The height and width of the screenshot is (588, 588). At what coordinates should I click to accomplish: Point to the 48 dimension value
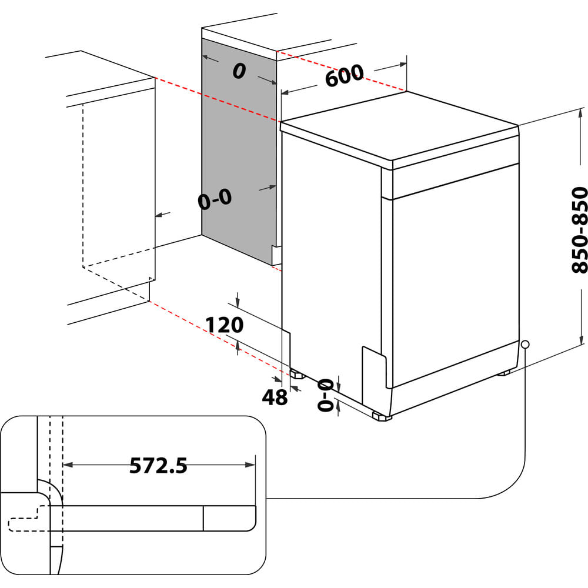pyautogui.click(x=275, y=397)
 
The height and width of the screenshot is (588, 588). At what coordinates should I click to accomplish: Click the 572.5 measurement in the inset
pyautogui.click(x=158, y=466)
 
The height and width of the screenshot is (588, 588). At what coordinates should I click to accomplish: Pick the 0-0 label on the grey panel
pyautogui.click(x=215, y=200)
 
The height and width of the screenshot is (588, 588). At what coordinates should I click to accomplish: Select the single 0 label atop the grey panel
pyautogui.click(x=238, y=71)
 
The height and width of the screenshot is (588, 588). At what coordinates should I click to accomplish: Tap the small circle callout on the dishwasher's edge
pyautogui.click(x=524, y=344)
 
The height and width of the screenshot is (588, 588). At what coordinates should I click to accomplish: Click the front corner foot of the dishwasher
pyautogui.click(x=381, y=417)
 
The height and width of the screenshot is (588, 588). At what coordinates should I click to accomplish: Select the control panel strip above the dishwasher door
pyautogui.click(x=450, y=181)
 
